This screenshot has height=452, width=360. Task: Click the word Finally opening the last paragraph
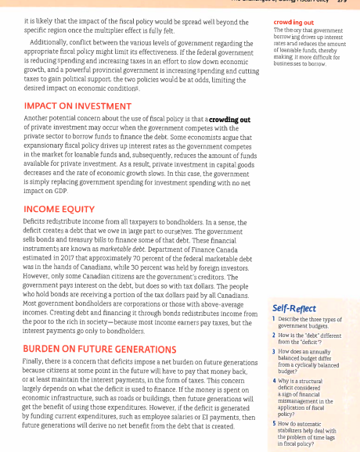(x=36, y=362)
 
